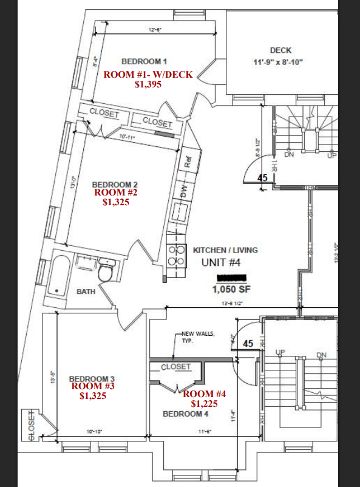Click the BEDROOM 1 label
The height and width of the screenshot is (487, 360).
pyautogui.click(x=144, y=61)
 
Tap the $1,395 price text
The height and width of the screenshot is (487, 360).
pyautogui.click(x=148, y=85)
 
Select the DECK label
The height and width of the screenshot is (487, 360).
pyautogui.click(x=281, y=50)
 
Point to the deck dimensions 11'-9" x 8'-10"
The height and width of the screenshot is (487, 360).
pyautogui.click(x=278, y=62)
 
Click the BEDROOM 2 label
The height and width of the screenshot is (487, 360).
pyautogui.click(x=115, y=184)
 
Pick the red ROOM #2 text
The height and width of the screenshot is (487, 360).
pyautogui.click(x=117, y=192)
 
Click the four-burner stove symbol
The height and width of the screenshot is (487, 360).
pyautogui.click(x=176, y=256)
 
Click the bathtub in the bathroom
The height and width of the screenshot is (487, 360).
pyautogui.click(x=59, y=276)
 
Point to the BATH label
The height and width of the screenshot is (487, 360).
pyautogui.click(x=86, y=292)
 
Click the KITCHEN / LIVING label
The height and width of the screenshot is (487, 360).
pyautogui.click(x=225, y=250)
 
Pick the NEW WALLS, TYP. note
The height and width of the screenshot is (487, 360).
pyautogui.click(x=195, y=338)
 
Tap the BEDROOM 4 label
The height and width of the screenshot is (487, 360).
pyautogui.click(x=186, y=414)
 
